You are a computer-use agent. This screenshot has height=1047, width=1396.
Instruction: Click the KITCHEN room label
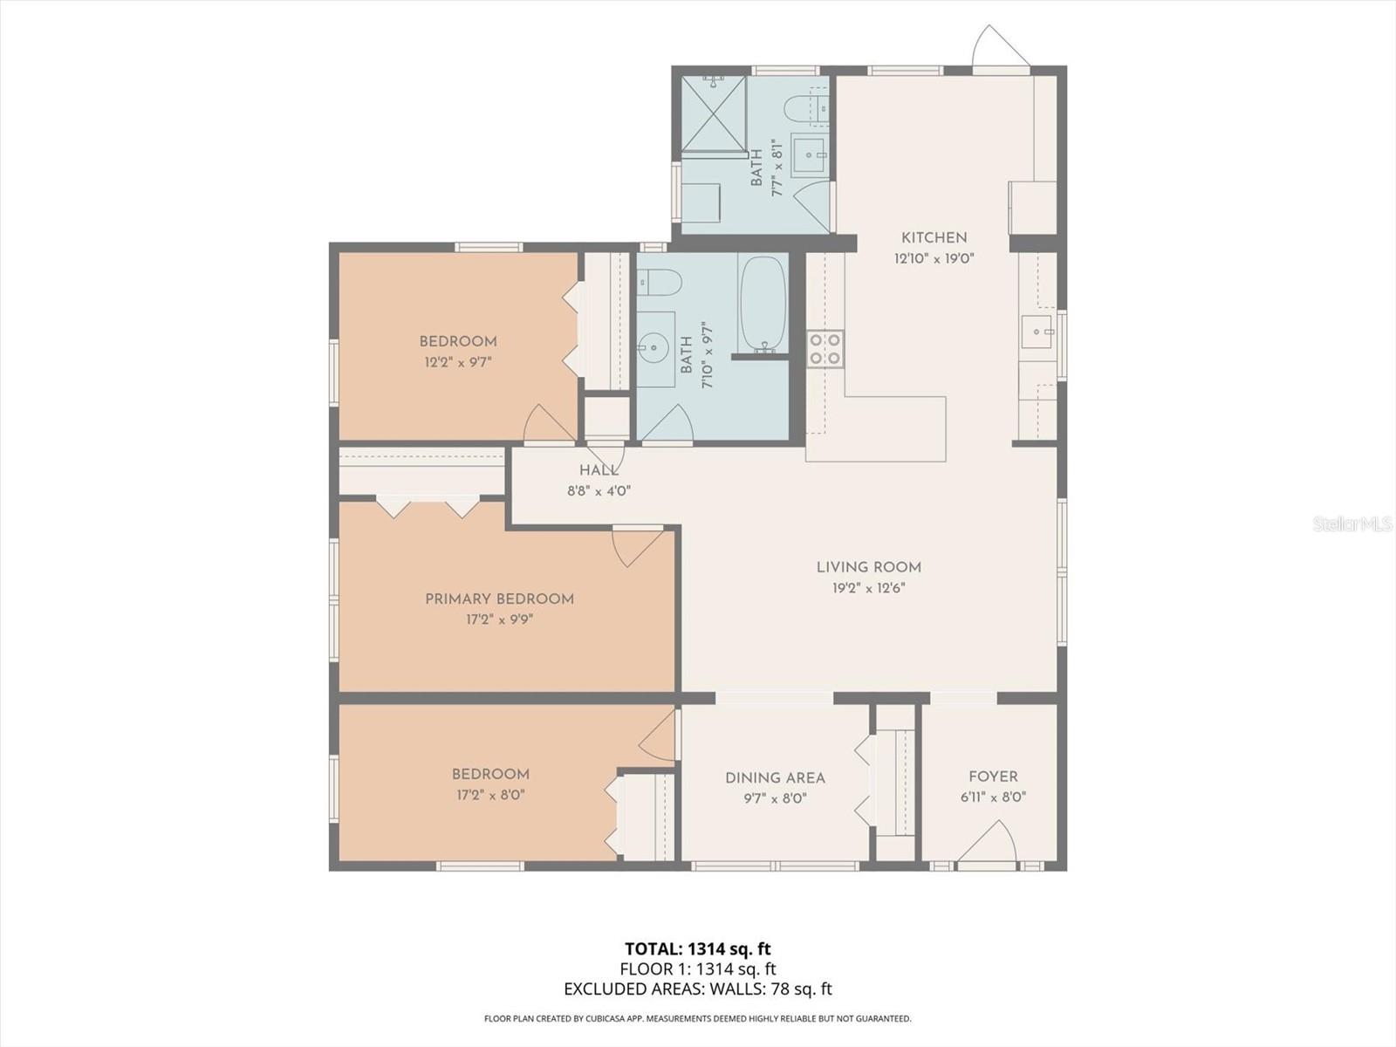pos(934,237)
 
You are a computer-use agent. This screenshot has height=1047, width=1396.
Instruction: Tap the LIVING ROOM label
pos(869,567)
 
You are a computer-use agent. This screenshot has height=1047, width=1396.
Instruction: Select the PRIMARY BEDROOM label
pos(499,599)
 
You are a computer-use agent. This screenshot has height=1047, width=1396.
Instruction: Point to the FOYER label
pos(993,777)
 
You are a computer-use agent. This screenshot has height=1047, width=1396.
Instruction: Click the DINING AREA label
pos(776,777)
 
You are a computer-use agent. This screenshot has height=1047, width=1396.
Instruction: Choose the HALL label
pos(599,470)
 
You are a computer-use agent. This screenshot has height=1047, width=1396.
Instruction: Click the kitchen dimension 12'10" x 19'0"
pos(934,259)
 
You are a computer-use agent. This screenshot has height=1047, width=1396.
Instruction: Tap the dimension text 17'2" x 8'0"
pos(490,795)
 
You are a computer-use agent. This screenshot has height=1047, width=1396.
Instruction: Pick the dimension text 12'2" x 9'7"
pos(459,362)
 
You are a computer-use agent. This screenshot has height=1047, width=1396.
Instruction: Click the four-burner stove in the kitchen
pos(825,349)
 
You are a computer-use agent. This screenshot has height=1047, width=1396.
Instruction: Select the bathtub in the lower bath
pos(763,305)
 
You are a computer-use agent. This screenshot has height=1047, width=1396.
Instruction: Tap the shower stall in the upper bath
pos(714,114)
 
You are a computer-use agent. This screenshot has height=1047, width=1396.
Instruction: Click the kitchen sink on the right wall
pos(1037,332)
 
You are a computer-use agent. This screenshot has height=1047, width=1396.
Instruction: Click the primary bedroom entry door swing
pos(637,547)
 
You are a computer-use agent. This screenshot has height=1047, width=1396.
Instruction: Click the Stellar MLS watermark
pos(1352,523)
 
